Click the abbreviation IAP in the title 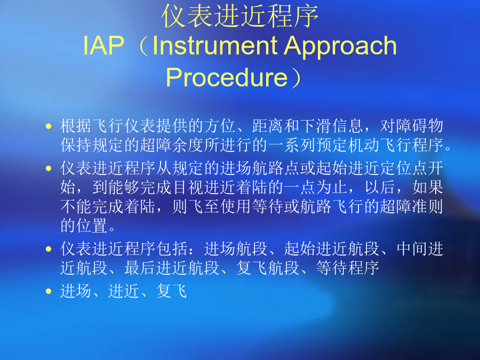click(103, 46)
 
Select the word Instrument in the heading click(214, 46)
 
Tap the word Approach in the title click(340, 46)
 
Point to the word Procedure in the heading click(227, 77)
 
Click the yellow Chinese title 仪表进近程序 click(239, 16)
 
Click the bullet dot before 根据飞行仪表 click(49, 126)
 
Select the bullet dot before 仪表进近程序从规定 click(49, 168)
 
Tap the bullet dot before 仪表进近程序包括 click(49, 249)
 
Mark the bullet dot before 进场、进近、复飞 click(49, 291)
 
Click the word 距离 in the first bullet click(268, 126)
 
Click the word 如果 click(428, 187)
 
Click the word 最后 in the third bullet click(140, 268)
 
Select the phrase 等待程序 click(347, 268)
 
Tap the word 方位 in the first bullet click(220, 126)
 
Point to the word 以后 click(380, 187)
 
